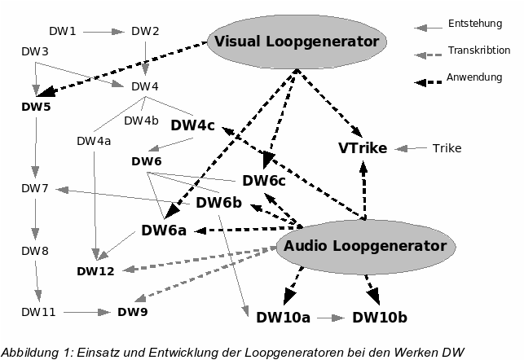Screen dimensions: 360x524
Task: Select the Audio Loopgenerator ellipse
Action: pos(363,246)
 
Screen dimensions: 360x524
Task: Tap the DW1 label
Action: pos(63,32)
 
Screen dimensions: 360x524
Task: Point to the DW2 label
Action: pos(145,32)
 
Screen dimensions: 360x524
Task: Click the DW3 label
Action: pos(35,52)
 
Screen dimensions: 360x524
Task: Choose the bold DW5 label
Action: pos(36,106)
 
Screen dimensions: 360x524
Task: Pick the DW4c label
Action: pos(192,125)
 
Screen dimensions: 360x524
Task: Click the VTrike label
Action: pos(362,148)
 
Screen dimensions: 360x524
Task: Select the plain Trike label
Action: pos(447,148)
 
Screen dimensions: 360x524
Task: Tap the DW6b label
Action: pos(218,203)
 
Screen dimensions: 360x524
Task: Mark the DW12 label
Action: pos(95,270)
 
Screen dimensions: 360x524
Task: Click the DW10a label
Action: pos(283,317)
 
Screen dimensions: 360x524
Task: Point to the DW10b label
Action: pos(379,317)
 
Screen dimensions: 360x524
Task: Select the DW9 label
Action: pos(132,311)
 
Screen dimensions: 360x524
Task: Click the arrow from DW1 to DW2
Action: pos(103,33)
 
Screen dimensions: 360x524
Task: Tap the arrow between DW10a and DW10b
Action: pos(330,317)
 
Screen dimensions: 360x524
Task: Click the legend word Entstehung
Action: pos(475,24)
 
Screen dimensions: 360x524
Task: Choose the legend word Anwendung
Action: pos(475,77)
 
